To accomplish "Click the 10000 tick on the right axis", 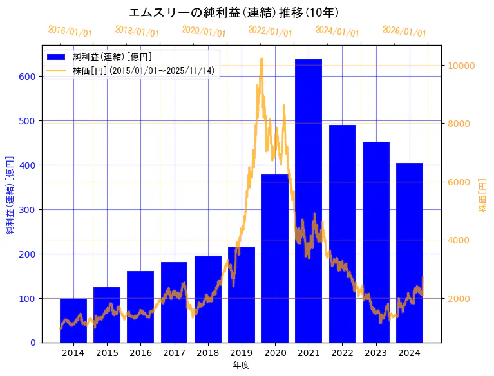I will pos(461,66).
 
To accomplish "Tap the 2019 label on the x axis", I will pos(242,353).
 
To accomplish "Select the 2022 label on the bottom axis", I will pos(342,353).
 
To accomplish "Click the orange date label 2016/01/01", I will pos(70,32).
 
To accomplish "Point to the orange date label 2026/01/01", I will pos(404,32).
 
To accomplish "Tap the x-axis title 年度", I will pos(241,365).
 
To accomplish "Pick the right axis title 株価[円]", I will pos(482,196).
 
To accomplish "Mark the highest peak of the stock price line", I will pos(261,59).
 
